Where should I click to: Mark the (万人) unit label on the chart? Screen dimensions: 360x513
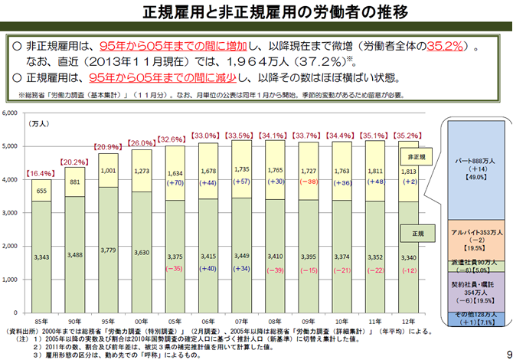tap(38, 123)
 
